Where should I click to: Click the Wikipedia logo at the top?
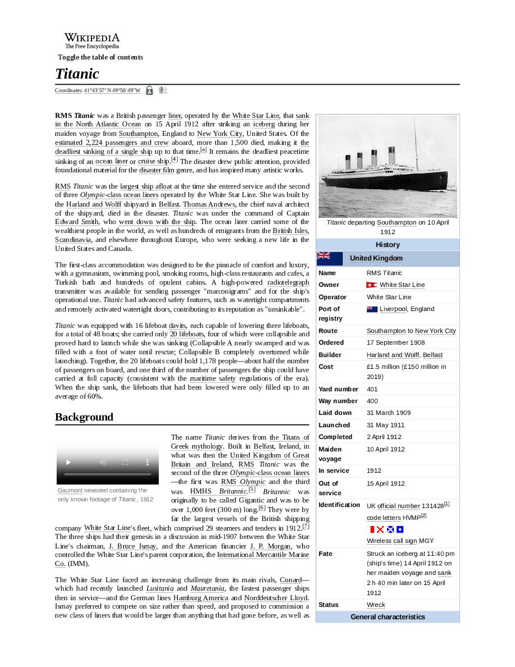click(91, 40)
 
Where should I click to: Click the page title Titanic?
click(77, 74)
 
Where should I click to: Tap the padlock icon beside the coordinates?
click(149, 90)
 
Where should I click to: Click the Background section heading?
click(84, 417)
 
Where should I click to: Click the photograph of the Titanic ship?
click(388, 166)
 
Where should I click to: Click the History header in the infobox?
click(388, 245)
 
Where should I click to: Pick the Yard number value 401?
click(372, 389)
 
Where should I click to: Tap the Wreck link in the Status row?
click(376, 605)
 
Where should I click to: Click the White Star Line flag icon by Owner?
click(371, 285)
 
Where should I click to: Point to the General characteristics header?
click(388, 617)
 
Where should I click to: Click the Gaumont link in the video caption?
click(70, 490)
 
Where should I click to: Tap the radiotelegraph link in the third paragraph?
click(288, 282)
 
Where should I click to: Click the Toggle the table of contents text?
click(100, 57)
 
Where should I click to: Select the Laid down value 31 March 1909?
click(388, 413)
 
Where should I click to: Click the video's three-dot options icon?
click(148, 462)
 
